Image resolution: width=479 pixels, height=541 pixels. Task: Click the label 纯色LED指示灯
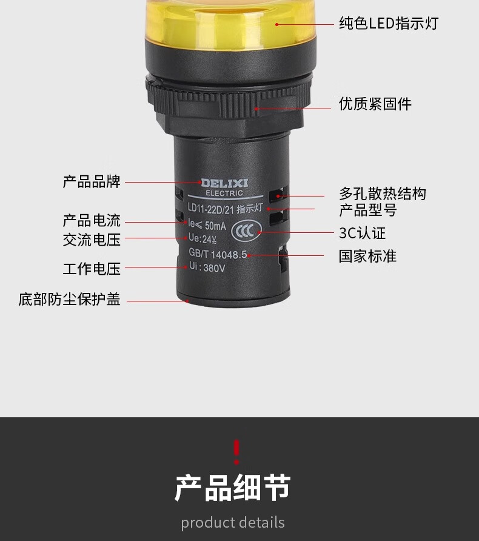pyautogui.click(x=389, y=24)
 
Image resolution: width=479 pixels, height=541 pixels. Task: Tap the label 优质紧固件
pyautogui.click(x=375, y=104)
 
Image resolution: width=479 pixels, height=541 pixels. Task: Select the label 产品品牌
pyautogui.click(x=92, y=182)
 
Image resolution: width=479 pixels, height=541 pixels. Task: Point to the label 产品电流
pyautogui.click(x=92, y=221)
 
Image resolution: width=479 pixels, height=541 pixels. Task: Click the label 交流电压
pyautogui.click(x=92, y=240)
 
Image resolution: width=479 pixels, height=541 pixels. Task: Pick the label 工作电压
pyautogui.click(x=92, y=269)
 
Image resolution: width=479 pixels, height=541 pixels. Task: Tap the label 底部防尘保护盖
pyautogui.click(x=69, y=299)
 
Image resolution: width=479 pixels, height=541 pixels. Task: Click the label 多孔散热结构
pyautogui.click(x=383, y=193)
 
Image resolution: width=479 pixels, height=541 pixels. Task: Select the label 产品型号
pyautogui.click(x=367, y=210)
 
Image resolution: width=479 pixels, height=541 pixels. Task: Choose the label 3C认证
pyautogui.click(x=362, y=234)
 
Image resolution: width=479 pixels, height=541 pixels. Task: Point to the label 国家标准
pyautogui.click(x=367, y=257)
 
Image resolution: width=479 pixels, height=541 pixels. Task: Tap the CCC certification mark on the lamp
pyautogui.click(x=246, y=230)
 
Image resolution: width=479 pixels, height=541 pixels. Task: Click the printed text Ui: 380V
pyautogui.click(x=207, y=267)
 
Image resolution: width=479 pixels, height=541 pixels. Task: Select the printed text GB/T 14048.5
pyautogui.click(x=218, y=254)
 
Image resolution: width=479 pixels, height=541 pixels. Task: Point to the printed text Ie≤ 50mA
pyautogui.click(x=207, y=225)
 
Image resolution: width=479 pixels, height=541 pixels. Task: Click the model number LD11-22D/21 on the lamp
pyautogui.click(x=210, y=208)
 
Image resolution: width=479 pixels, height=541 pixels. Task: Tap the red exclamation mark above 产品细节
pyautogui.click(x=236, y=452)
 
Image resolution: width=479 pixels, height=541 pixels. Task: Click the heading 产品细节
pyautogui.click(x=233, y=488)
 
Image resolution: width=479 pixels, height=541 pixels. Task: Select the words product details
pyautogui.click(x=233, y=522)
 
